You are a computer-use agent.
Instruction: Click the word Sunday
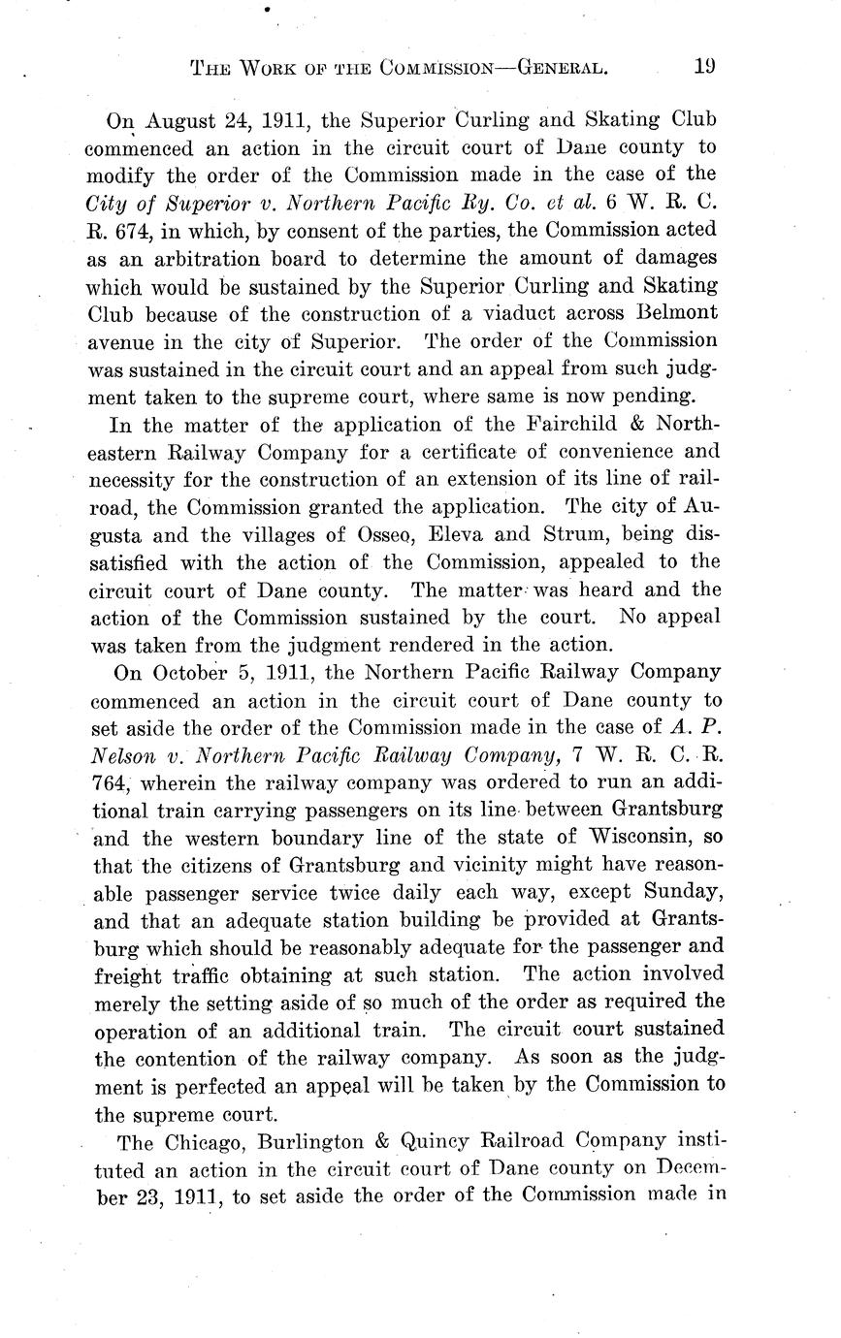[679, 892]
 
